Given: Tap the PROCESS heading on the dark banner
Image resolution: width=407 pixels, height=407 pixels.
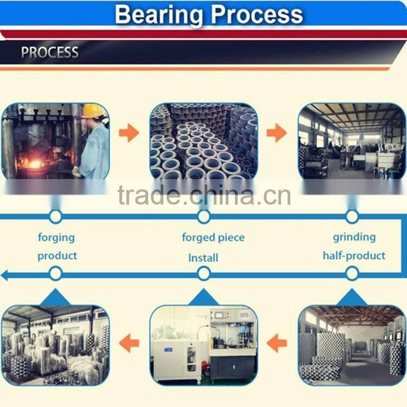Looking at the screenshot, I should point(49,53).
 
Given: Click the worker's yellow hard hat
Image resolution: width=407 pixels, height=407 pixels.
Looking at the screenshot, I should point(94,111).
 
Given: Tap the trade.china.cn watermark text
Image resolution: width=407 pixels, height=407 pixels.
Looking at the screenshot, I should point(204,195).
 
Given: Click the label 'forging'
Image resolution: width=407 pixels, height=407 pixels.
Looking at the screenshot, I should point(56,237).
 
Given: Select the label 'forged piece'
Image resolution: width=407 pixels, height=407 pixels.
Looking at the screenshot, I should point(213,237).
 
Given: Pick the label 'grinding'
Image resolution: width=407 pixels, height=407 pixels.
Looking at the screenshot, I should point(354,237).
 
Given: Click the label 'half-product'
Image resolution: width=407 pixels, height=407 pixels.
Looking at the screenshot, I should point(354,255).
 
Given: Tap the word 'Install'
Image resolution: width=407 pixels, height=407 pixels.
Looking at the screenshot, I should point(203,258).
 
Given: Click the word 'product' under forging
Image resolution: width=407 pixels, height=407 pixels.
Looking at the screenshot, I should point(57,256).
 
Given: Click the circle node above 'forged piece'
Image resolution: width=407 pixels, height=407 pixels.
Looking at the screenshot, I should point(203,217).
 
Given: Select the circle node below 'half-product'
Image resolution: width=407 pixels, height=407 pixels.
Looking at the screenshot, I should point(352,274).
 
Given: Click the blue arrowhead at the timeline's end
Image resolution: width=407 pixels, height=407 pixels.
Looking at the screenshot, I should point(7,275).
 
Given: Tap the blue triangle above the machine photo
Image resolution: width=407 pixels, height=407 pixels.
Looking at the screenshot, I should point(203,298).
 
